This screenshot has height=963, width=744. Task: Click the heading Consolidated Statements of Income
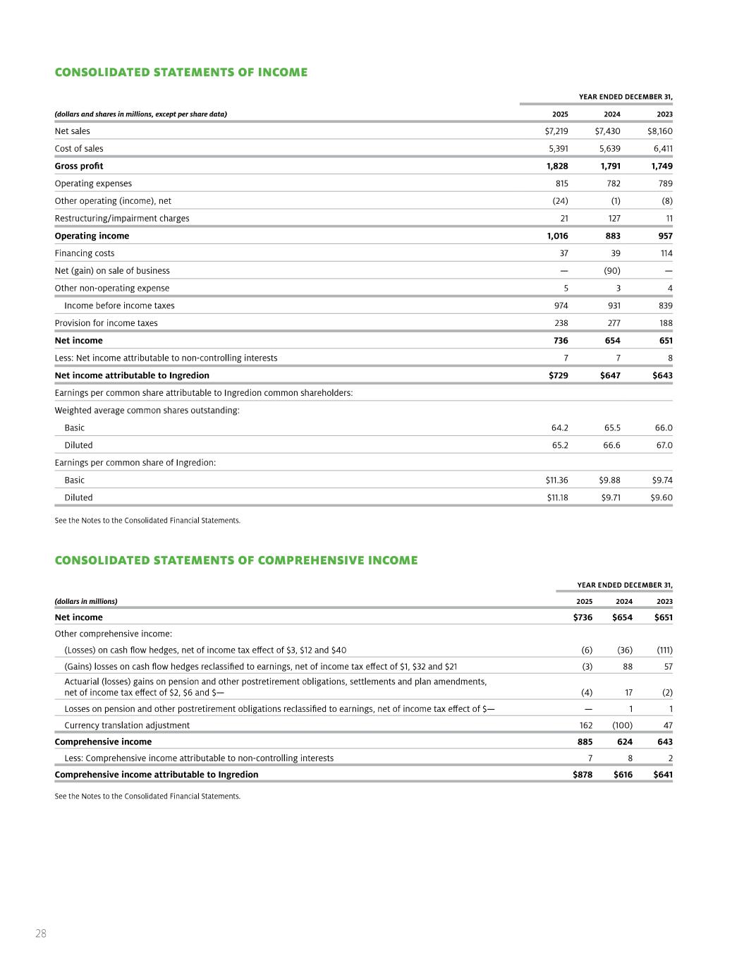(181, 73)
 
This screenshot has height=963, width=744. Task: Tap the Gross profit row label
(79, 166)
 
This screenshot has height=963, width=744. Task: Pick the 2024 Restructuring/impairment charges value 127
(614, 219)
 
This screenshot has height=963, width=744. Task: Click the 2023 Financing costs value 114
(666, 253)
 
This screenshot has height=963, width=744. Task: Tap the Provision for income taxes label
(106, 323)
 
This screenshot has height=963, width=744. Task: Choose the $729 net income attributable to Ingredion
(558, 375)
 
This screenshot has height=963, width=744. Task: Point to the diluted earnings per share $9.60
(661, 497)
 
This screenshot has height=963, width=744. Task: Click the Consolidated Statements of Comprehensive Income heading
(236, 560)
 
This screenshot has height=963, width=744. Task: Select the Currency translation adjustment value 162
(585, 725)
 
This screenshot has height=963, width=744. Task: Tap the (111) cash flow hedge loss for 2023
(664, 650)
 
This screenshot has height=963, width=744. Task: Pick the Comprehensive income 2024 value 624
(624, 741)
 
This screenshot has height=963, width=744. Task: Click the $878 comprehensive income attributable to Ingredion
(583, 775)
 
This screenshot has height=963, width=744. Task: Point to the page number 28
(41, 933)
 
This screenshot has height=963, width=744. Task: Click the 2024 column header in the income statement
(612, 114)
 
